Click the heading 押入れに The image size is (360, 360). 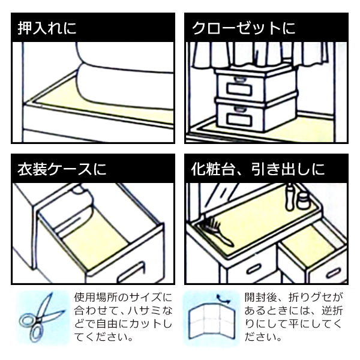(47, 28)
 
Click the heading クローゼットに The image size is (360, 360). (244, 28)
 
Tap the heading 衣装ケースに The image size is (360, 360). (62, 169)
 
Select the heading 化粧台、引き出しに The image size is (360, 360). (258, 169)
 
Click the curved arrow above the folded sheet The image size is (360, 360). (223, 299)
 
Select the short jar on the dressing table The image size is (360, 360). (303, 201)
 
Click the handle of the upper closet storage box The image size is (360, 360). (239, 79)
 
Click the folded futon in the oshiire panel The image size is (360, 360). (125, 76)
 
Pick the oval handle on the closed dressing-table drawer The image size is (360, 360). (253, 268)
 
